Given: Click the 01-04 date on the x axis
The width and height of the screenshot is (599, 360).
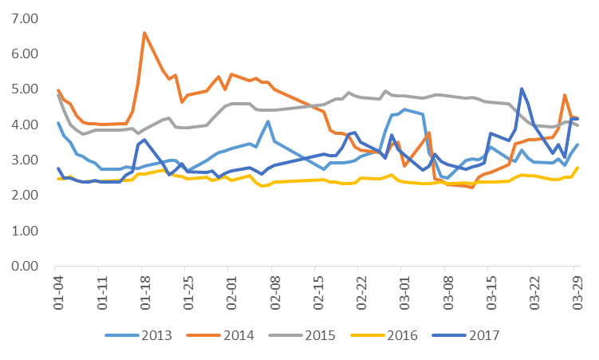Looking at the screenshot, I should tap(57, 291).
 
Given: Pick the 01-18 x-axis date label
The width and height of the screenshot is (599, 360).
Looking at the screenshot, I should tap(144, 291).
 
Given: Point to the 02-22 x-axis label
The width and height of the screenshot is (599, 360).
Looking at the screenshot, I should tap(361, 291).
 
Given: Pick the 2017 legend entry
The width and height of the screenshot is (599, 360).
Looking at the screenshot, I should tap(479, 334).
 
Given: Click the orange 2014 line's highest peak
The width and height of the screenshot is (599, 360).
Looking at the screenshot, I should tap(144, 33).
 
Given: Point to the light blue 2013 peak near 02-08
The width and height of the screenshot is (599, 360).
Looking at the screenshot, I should tap(268, 121).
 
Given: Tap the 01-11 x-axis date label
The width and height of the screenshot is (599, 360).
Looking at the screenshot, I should tap(100, 291).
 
